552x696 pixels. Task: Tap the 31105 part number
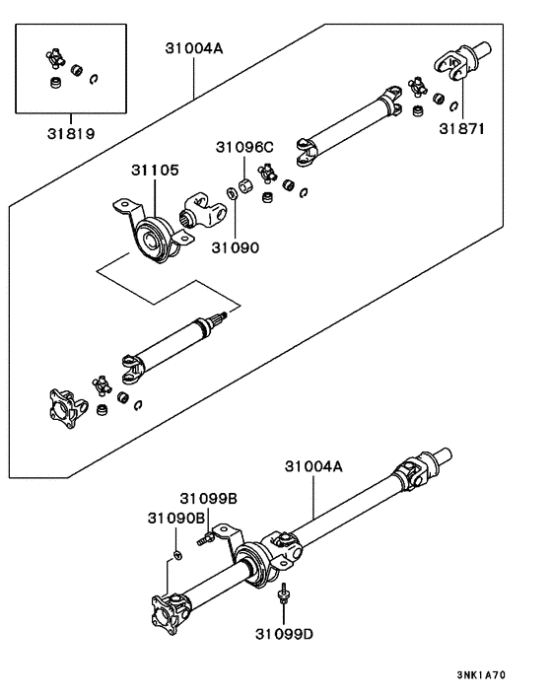tap(154, 171)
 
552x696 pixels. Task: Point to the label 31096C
tap(244, 148)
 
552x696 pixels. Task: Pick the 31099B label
tap(208, 500)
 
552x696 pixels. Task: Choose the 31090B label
tap(176, 518)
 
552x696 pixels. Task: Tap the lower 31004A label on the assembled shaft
tap(313, 466)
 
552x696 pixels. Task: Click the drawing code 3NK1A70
tap(481, 675)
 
